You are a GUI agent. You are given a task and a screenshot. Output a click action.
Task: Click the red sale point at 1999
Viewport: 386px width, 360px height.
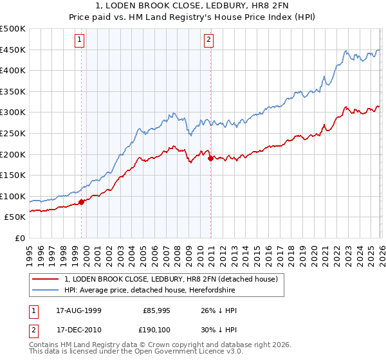coord(81,202)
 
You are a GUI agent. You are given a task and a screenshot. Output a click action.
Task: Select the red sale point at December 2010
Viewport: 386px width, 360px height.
coord(210,158)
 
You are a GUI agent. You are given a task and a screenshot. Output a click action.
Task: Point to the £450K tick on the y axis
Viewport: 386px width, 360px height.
coord(13,50)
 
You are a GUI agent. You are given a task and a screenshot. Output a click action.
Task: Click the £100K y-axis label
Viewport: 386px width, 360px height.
coord(13,197)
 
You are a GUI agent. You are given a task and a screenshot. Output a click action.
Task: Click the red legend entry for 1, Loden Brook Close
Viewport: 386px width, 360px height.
coord(170,279)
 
